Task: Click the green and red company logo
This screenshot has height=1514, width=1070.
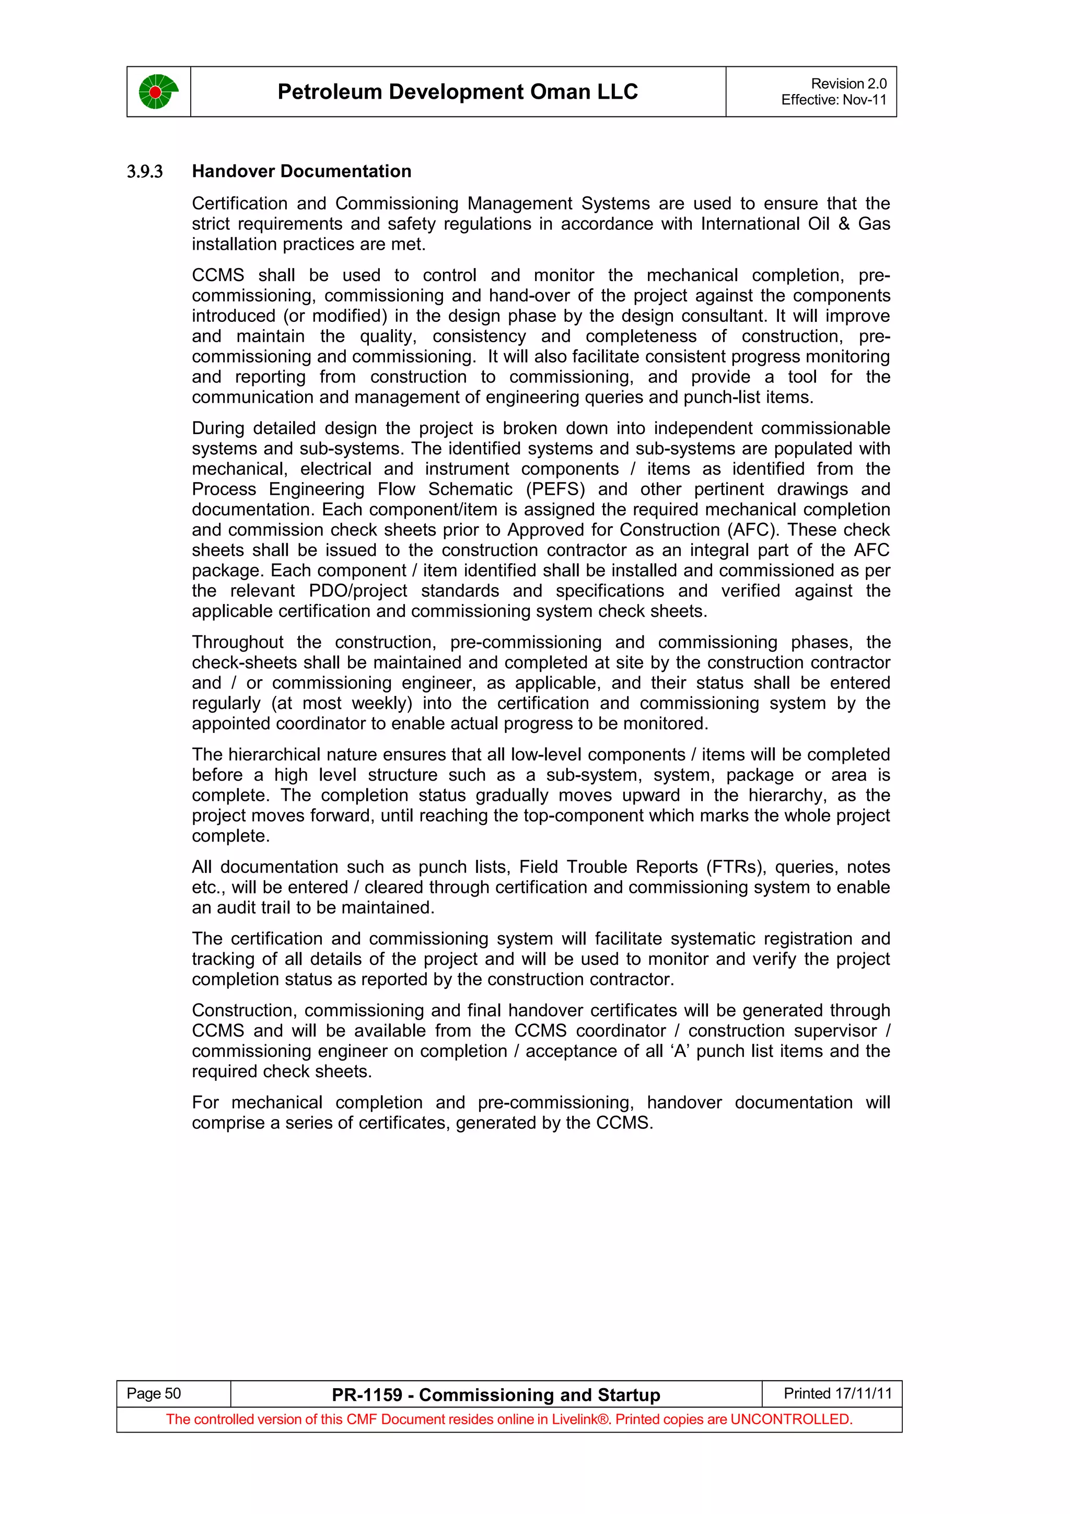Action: click(x=158, y=91)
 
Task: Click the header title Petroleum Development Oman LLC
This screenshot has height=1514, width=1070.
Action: click(x=458, y=91)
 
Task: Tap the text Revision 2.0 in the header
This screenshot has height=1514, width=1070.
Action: click(x=848, y=84)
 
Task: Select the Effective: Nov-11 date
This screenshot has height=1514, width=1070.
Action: click(x=834, y=100)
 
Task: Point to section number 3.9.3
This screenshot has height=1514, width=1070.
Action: click(x=144, y=172)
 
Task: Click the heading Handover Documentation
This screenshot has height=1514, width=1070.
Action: click(x=301, y=171)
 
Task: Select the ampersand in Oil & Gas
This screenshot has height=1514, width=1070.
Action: click(x=844, y=224)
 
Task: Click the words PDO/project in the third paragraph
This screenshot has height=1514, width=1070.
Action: click(x=358, y=591)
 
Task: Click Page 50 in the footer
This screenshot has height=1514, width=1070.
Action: click(x=154, y=1393)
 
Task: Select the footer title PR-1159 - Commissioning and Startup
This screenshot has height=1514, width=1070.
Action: click(x=496, y=1395)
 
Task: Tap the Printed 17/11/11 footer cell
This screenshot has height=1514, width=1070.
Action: click(x=838, y=1393)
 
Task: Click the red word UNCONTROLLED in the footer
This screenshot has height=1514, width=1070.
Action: click(x=791, y=1419)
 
